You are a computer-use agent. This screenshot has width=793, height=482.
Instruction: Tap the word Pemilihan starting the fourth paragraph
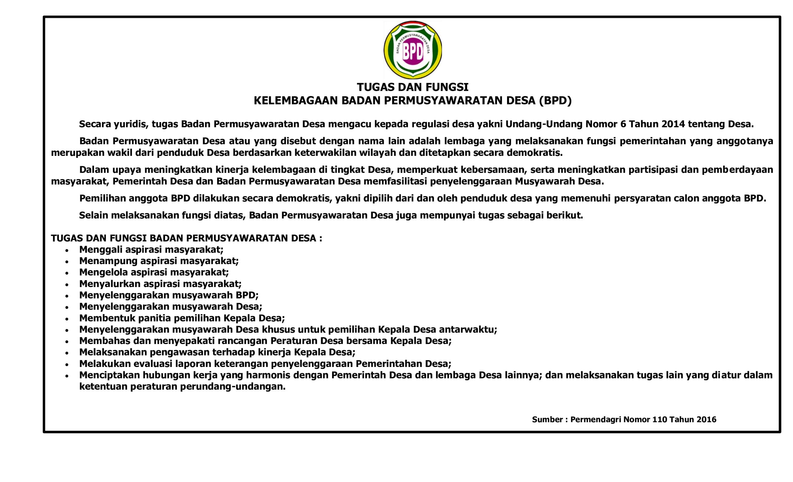pos(102,198)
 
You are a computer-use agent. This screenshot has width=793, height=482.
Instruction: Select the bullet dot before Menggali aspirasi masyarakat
pos(67,250)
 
